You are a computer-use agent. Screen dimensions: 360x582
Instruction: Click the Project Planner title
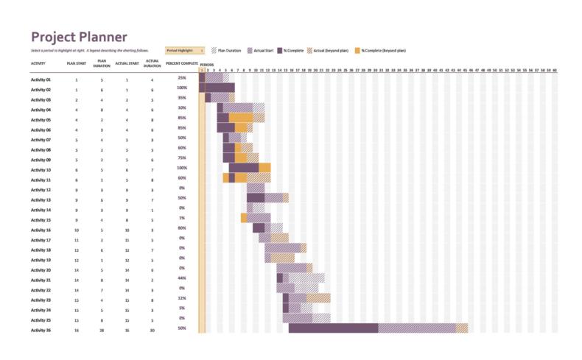pyautogui.click(x=79, y=38)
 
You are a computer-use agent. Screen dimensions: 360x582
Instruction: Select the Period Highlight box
pyautogui.click(x=185, y=51)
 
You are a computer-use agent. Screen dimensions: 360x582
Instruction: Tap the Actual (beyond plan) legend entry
pyautogui.click(x=329, y=51)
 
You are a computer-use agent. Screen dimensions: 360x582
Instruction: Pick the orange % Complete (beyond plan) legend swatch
pyautogui.click(x=358, y=51)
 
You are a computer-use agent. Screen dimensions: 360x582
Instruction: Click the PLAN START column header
pyautogui.click(x=76, y=63)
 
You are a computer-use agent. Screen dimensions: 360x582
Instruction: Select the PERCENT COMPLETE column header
pyautogui.click(x=181, y=63)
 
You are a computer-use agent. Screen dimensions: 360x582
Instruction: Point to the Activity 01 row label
pyautogui.click(x=41, y=80)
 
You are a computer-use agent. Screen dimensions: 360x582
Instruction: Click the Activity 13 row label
pyautogui.click(x=41, y=200)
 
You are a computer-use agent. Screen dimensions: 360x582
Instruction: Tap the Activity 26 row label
pyautogui.click(x=41, y=330)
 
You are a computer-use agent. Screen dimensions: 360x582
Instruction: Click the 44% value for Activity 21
pyautogui.click(x=182, y=278)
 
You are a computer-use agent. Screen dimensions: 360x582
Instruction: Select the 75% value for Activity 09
pyautogui.click(x=182, y=158)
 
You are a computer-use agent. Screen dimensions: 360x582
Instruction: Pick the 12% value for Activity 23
pyautogui.click(x=182, y=298)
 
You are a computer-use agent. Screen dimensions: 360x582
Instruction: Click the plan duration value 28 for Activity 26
pyautogui.click(x=102, y=330)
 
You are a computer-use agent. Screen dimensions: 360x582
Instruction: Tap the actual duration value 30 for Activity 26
pyautogui.click(x=152, y=330)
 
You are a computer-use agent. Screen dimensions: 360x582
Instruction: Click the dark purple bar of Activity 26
pyautogui.click(x=333, y=328)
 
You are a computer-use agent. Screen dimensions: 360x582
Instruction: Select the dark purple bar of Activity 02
pyautogui.click(x=219, y=88)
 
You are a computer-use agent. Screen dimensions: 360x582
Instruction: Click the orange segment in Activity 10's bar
pyautogui.click(x=264, y=168)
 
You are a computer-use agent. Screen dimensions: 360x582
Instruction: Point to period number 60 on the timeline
pyautogui.click(x=554, y=71)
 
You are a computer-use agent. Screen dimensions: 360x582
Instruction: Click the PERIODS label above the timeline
pyautogui.click(x=206, y=65)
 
